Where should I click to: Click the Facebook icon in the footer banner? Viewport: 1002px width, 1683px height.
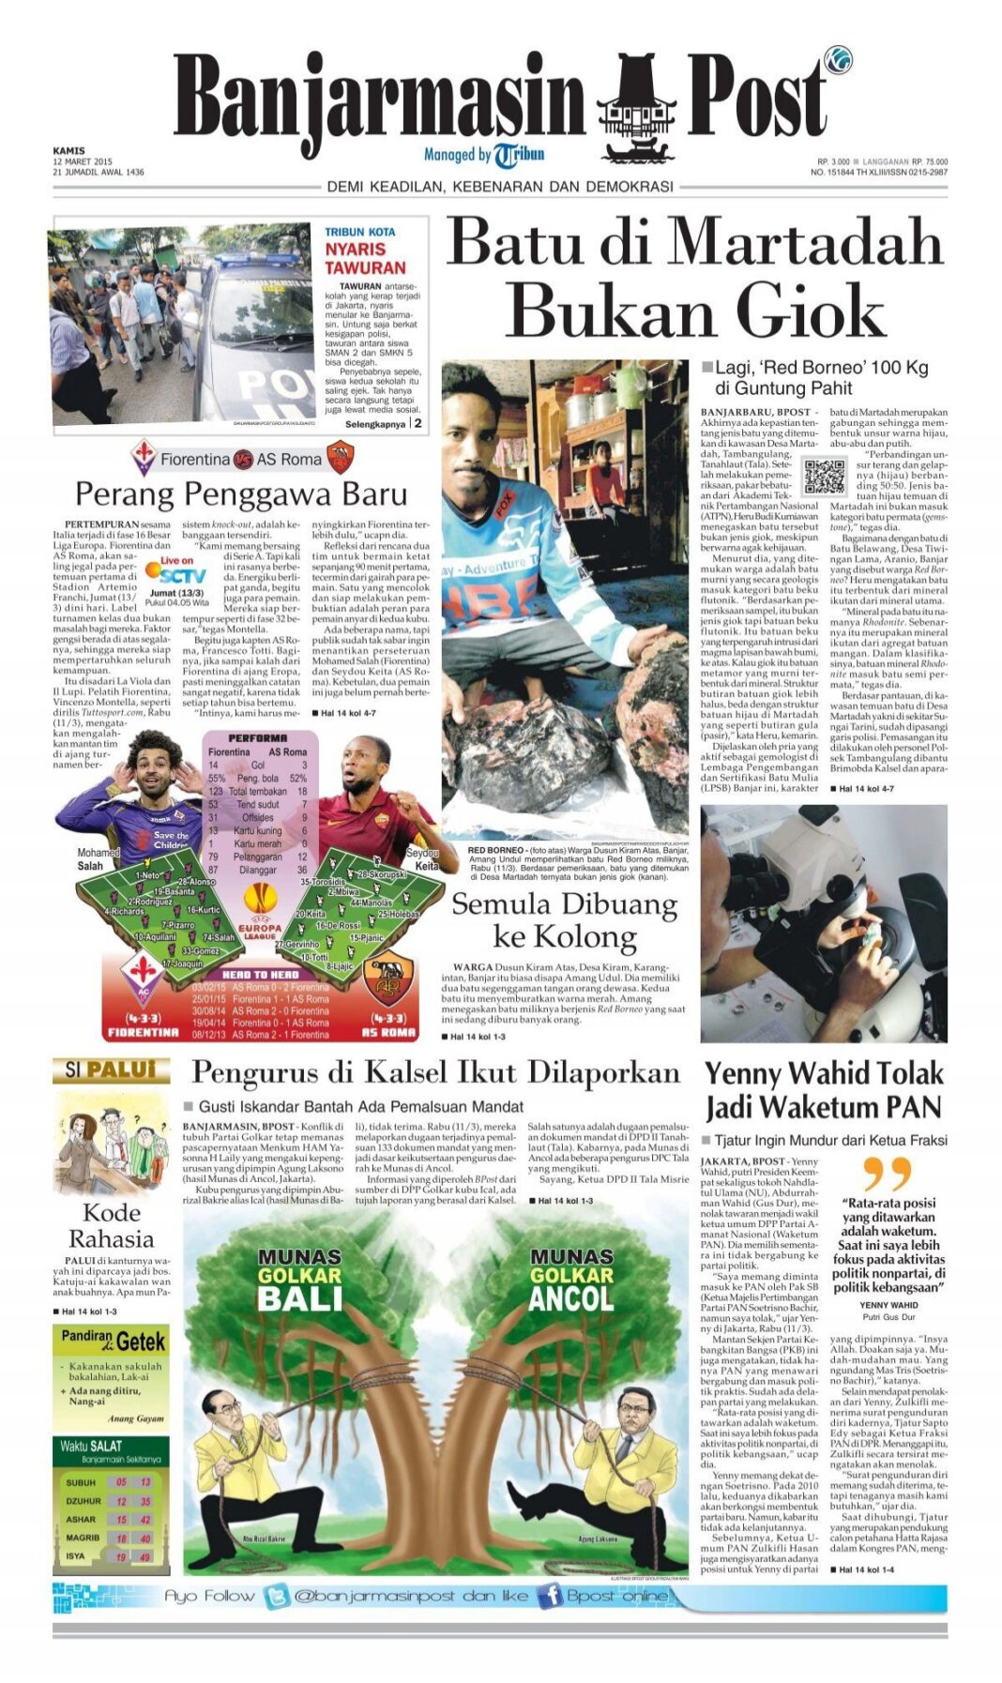coord(549,1596)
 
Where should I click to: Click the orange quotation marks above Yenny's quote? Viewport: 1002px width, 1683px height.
coord(887,1173)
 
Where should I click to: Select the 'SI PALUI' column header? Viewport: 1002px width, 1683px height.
coord(111,1070)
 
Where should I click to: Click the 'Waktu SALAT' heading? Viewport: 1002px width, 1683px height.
coord(91,1446)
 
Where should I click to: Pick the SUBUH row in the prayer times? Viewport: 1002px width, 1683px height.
coord(111,1482)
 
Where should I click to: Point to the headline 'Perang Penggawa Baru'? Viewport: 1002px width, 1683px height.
coord(241,493)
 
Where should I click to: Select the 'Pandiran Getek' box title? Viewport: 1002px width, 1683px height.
coord(113,1341)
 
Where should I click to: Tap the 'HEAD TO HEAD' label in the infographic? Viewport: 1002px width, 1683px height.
coord(260,975)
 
